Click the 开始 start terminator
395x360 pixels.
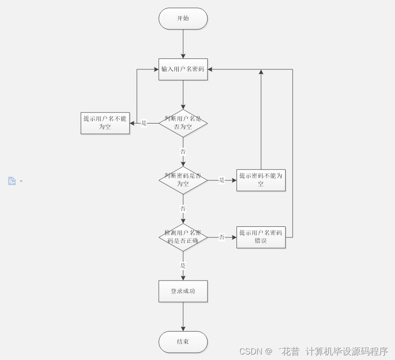coord(183,19)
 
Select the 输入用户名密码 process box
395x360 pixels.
coord(183,69)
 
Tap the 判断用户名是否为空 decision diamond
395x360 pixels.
coord(183,123)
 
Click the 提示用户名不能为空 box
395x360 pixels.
coord(105,123)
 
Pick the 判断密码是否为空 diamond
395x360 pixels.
coord(183,180)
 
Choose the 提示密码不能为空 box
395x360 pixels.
coord(261,180)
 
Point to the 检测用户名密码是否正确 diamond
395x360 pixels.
coord(183,237)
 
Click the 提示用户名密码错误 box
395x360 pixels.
coord(261,237)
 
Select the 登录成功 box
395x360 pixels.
coord(183,291)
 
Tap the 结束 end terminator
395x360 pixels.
coord(183,342)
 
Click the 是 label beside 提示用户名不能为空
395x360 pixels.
coord(144,123)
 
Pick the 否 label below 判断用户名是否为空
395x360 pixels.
coord(183,152)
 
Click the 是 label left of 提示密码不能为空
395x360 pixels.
coord(222,180)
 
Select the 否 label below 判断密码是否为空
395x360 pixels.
coord(183,208)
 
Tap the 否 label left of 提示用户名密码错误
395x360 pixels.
coord(222,237)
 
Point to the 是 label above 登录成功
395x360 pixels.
coord(183,265)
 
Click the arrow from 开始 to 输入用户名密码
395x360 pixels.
coord(183,44)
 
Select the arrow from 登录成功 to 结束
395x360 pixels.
coord(183,316)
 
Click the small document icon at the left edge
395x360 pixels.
coord(12,181)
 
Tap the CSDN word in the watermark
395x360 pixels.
coord(250,352)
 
